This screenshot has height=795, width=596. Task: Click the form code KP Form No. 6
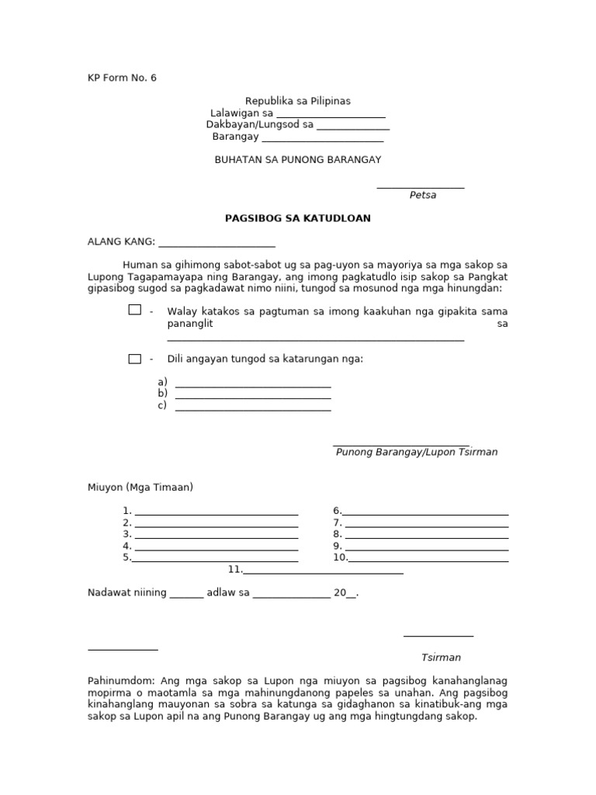[122, 78]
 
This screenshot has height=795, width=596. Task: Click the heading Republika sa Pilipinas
[298, 101]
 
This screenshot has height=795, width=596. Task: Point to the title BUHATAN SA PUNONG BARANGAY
[298, 159]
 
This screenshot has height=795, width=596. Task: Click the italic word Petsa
[423, 195]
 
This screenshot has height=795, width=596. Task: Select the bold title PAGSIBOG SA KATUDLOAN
[298, 218]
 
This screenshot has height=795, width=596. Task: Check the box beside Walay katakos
[134, 310]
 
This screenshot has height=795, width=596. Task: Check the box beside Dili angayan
[134, 359]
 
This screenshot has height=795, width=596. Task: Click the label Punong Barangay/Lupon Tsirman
[417, 452]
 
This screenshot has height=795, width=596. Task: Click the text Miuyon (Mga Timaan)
[140, 487]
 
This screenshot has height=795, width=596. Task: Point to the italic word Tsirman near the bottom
[441, 658]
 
